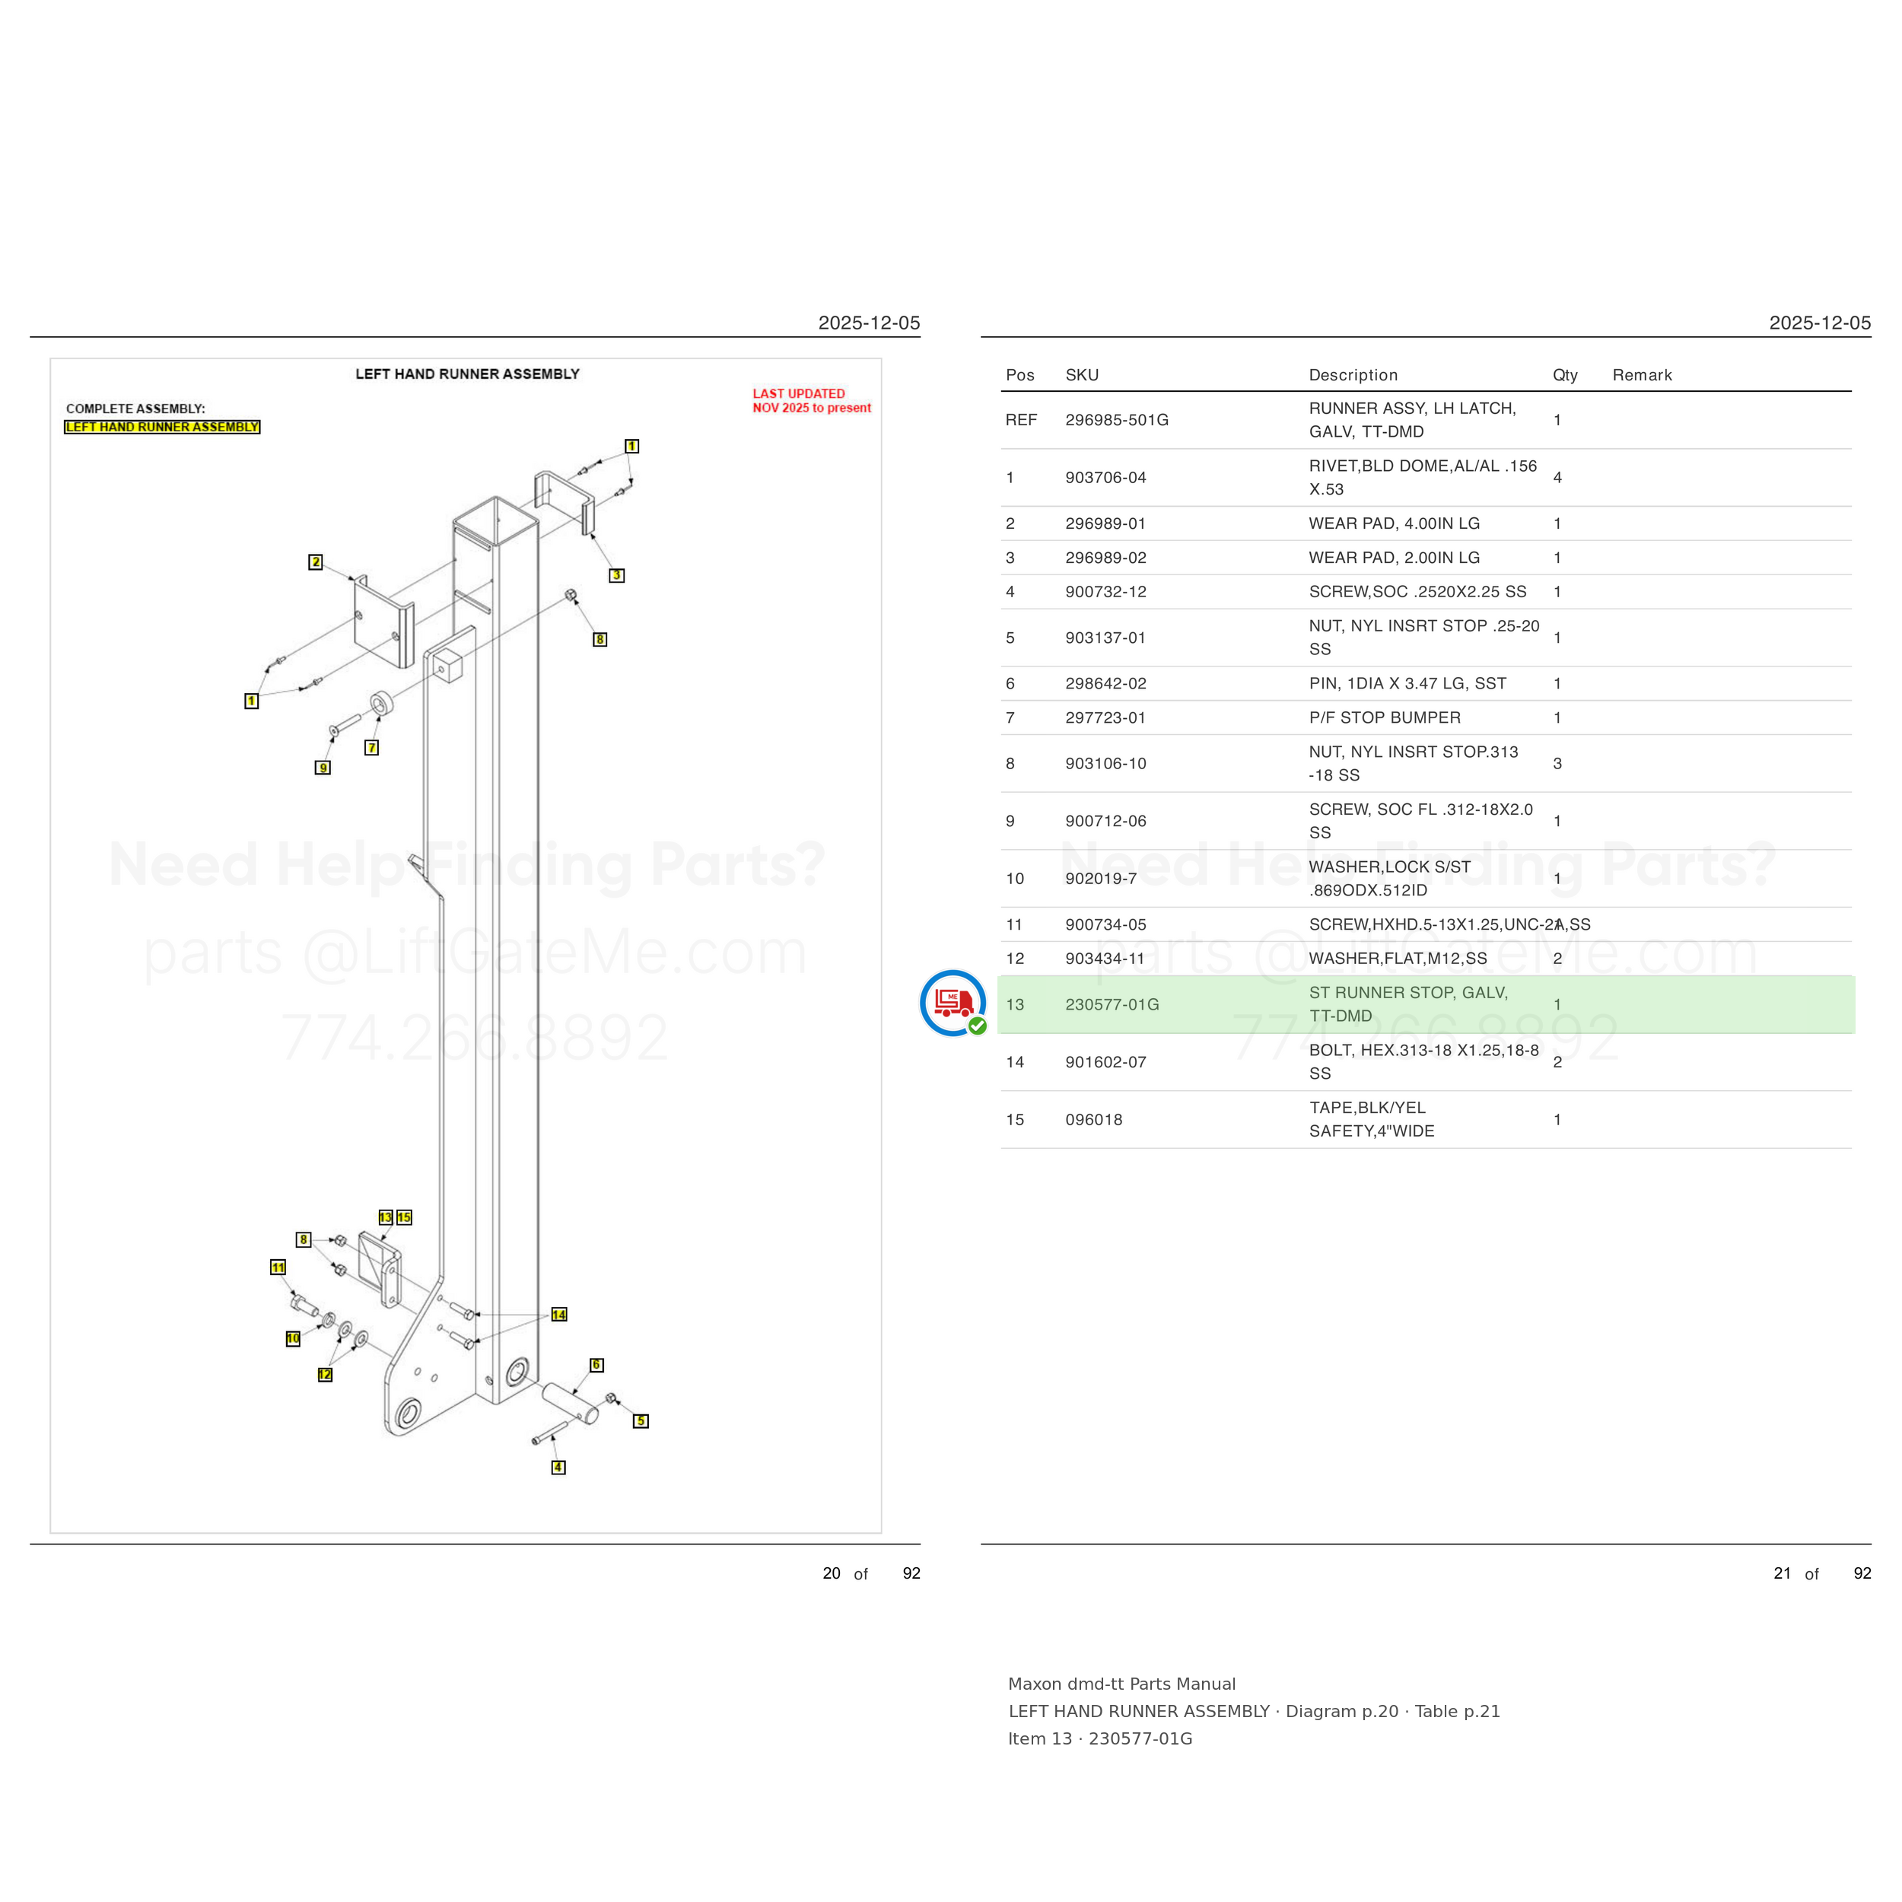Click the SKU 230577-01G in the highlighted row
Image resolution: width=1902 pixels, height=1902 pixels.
click(1112, 1004)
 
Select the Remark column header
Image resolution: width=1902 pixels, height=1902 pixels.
click(1641, 375)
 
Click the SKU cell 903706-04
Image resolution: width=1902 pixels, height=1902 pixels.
click(1105, 478)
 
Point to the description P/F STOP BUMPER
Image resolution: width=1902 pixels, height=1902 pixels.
click(1384, 717)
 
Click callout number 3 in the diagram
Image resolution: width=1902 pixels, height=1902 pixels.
click(616, 575)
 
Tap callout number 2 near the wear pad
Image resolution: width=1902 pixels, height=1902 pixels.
click(315, 562)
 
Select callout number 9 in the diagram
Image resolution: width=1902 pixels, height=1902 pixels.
click(323, 768)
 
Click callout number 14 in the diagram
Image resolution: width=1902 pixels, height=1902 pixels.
click(559, 1314)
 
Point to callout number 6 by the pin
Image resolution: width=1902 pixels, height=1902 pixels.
click(596, 1364)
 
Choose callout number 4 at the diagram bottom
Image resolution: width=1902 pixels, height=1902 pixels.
click(558, 1467)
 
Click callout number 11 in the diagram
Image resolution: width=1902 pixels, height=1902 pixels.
click(278, 1267)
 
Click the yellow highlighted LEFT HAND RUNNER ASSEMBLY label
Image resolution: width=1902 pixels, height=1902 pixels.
click(163, 426)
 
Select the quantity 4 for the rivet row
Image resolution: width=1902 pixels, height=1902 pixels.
click(1557, 478)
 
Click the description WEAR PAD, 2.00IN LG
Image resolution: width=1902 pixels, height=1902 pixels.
click(1394, 557)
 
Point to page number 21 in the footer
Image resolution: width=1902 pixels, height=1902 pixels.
click(1782, 1573)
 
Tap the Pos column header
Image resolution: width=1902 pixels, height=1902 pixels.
click(1020, 375)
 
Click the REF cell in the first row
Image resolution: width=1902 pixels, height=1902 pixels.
click(1021, 419)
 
